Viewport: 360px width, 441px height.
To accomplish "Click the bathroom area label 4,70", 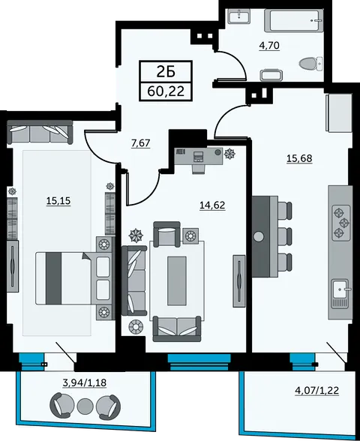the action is point(269,46).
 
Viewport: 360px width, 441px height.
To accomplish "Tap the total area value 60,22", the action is point(166,91).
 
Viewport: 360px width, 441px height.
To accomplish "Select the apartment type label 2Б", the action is point(166,72).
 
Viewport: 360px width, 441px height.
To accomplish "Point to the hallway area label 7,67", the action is point(141,143).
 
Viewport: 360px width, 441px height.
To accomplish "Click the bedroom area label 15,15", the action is point(58,201).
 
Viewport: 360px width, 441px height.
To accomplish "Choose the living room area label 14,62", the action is point(212,205).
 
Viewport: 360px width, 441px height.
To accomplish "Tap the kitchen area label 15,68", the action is point(299,158).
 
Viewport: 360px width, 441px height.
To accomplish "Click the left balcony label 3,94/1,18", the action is point(84,382).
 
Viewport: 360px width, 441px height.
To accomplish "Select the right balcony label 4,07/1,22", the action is point(316,390).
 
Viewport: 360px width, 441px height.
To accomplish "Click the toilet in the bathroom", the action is point(311,64).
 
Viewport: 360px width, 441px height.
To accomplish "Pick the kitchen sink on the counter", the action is point(341,289).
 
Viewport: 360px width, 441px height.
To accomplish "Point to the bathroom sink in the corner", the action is point(238,16).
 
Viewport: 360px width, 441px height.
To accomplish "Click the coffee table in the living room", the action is point(177,280).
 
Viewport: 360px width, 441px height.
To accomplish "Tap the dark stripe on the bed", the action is point(54,277).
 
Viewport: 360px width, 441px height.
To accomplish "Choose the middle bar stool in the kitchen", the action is point(285,237).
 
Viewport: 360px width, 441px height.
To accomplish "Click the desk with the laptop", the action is point(199,156).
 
